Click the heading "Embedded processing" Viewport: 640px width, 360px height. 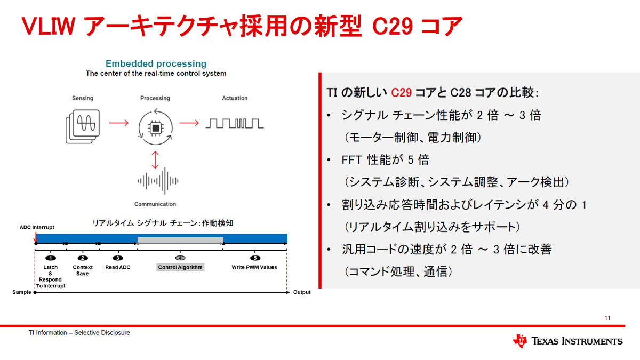[x=156, y=63]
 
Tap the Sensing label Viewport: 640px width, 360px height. [x=83, y=98]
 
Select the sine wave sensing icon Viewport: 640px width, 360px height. [x=83, y=126]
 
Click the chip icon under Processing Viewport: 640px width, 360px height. [x=156, y=128]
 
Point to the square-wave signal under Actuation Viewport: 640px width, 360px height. [x=235, y=123]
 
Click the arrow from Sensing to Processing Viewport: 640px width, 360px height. [x=119, y=123]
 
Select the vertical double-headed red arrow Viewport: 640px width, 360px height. [x=155, y=159]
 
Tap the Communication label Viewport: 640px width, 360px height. [x=155, y=204]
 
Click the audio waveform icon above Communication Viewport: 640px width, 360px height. [x=158, y=181]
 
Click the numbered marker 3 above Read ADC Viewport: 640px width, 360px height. [x=118, y=258]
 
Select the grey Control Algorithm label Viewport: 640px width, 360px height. [x=180, y=267]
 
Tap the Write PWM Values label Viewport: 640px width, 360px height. [x=254, y=267]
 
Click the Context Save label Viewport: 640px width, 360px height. [x=83, y=270]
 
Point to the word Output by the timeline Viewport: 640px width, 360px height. [x=302, y=292]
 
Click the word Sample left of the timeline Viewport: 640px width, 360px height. [x=21, y=292]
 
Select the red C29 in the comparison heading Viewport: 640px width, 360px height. [x=401, y=93]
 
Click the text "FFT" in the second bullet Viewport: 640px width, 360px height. [x=351, y=159]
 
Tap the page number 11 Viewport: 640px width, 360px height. [x=607, y=318]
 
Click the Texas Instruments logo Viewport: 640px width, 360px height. [x=567, y=341]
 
